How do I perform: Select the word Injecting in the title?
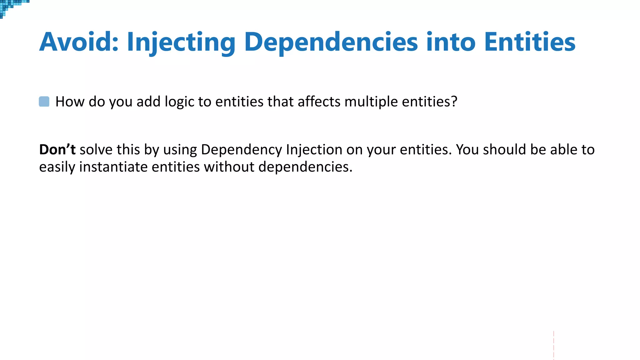pos(181,42)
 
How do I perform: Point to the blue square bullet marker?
pos(44,102)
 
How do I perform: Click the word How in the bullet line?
pos(70,102)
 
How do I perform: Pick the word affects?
pos(319,102)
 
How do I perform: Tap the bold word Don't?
pos(57,150)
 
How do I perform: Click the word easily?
pos(57,167)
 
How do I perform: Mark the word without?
pos(229,167)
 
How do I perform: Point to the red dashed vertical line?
pos(553,345)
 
